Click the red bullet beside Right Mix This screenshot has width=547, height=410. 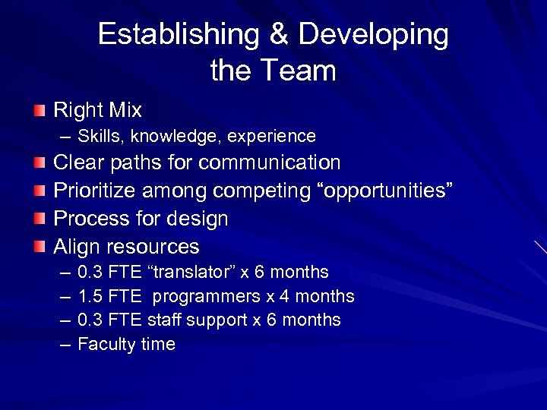(x=39, y=111)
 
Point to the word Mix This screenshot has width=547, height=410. (x=125, y=111)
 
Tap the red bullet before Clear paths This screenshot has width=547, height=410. (x=39, y=163)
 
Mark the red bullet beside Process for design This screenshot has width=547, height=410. (x=39, y=219)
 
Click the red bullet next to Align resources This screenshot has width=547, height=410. (x=39, y=247)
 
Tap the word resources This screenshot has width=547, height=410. (x=153, y=247)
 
